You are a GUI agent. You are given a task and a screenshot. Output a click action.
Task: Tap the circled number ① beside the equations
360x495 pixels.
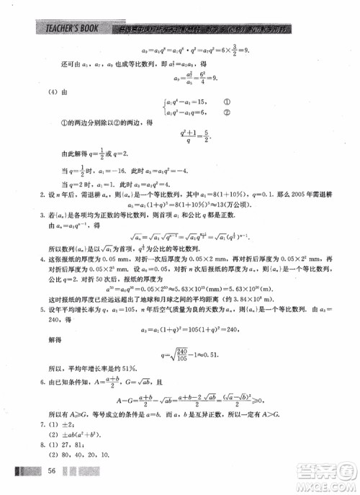pyautogui.click(x=226, y=102)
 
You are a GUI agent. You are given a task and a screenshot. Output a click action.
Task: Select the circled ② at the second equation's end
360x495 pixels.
pyautogui.click(x=226, y=112)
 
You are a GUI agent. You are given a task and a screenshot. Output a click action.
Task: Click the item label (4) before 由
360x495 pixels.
pyautogui.click(x=51, y=92)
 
